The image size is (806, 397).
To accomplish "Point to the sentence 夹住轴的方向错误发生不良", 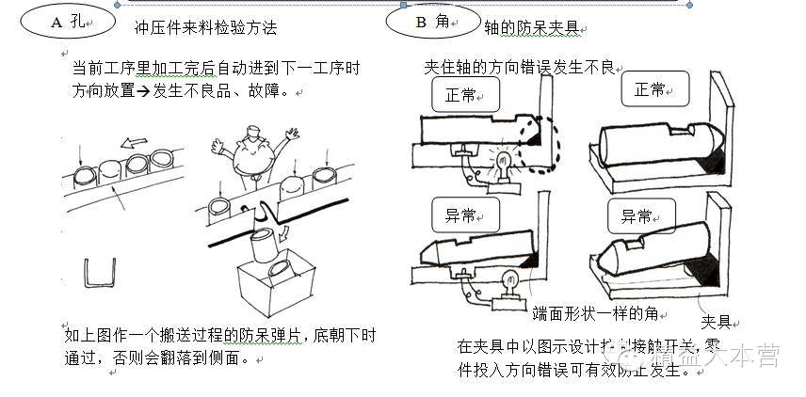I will tap(519, 69).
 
